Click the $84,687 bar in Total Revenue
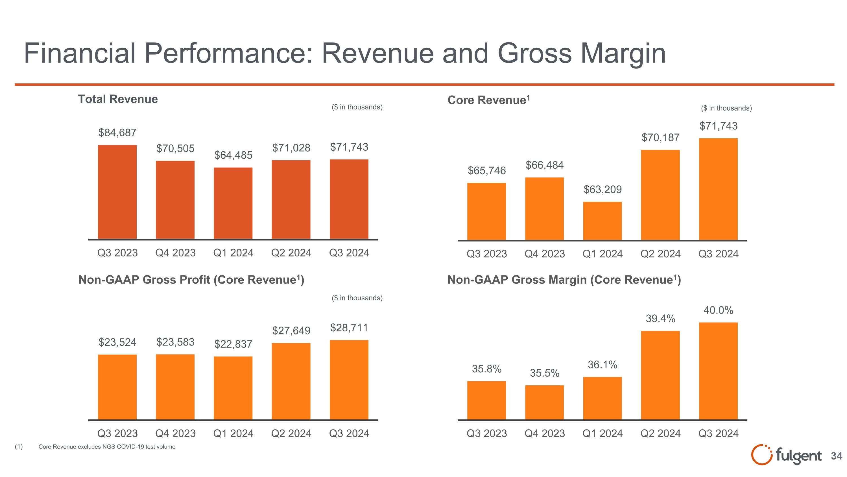tap(117, 192)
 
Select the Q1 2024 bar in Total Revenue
tap(233, 203)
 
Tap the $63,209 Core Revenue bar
tap(602, 221)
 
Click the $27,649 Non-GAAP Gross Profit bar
tap(291, 381)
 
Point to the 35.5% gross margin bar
tap(545, 402)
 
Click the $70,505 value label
tap(175, 148)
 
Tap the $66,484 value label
tap(545, 165)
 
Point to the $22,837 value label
tap(233, 344)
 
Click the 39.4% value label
tap(660, 318)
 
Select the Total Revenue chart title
tap(118, 99)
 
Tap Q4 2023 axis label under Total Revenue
tap(175, 253)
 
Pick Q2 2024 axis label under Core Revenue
tap(660, 254)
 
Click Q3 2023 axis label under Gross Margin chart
tap(487, 433)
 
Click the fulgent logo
tap(786, 456)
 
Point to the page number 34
tap(837, 456)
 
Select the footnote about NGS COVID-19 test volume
tap(107, 447)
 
